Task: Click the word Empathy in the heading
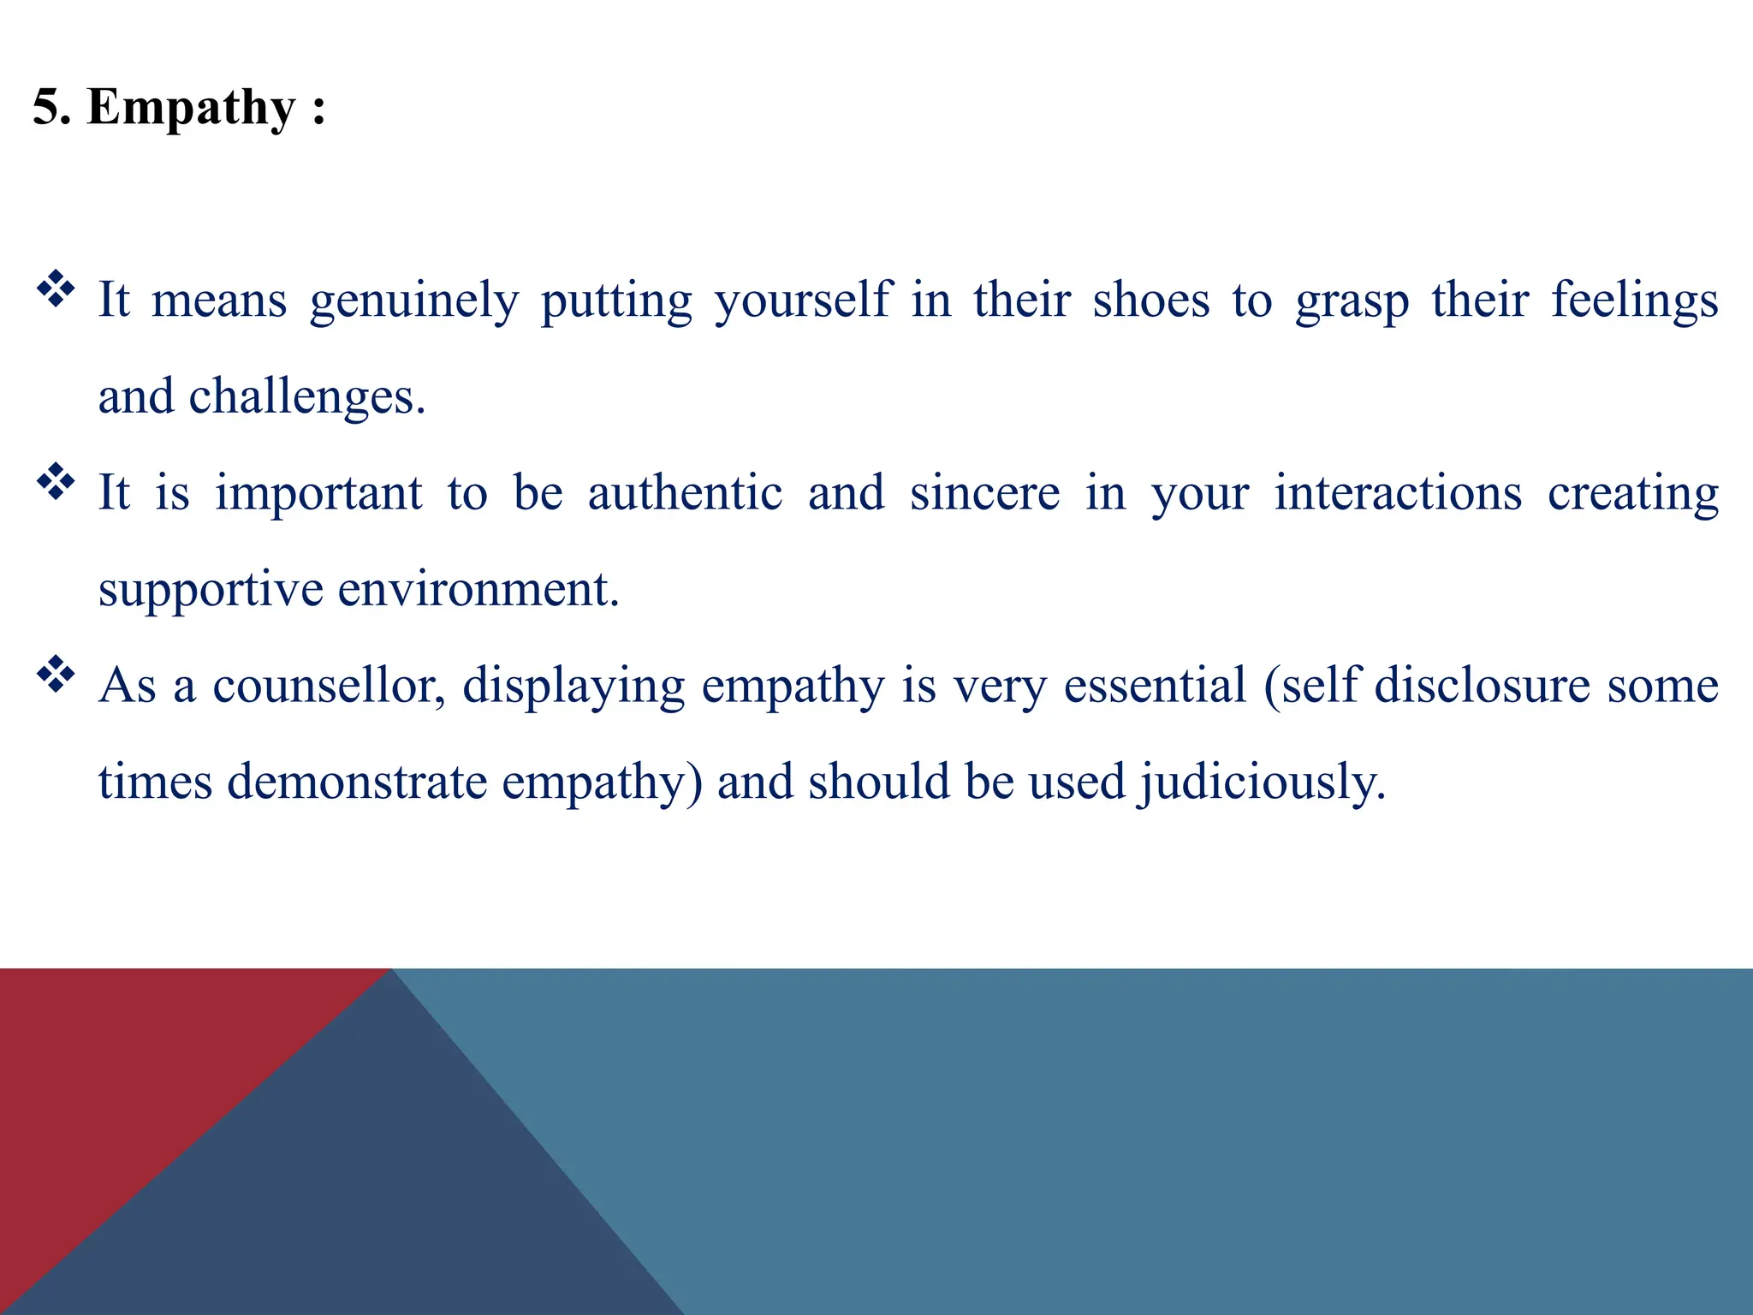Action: [x=191, y=109]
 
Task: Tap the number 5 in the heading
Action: [x=48, y=109]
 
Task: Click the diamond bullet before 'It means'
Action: [x=56, y=289]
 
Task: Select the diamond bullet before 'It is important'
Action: [x=56, y=482]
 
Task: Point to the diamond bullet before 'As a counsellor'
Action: [x=56, y=675]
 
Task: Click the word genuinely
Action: [x=414, y=301]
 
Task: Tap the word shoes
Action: [x=1151, y=300]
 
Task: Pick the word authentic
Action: [x=685, y=493]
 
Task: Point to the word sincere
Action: [x=984, y=493]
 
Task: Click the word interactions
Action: [x=1398, y=493]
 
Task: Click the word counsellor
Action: [x=329, y=686]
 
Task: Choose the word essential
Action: [x=1155, y=686]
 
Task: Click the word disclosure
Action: [x=1482, y=686]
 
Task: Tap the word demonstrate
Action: [x=357, y=782]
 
